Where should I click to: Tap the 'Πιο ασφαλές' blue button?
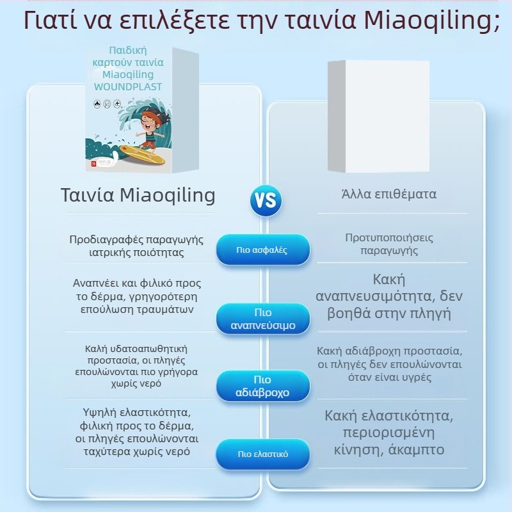[262, 250]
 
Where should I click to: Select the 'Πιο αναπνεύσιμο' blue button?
[262, 319]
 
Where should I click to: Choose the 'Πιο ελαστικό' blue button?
[262, 454]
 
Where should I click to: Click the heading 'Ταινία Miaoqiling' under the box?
[138, 195]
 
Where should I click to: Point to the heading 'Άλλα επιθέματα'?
[388, 194]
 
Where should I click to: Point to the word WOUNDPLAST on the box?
[128, 86]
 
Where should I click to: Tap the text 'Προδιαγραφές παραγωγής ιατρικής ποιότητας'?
[136, 246]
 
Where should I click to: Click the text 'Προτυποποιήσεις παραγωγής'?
[388, 244]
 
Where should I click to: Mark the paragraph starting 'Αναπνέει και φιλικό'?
[136, 296]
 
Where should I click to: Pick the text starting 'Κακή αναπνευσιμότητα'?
[388, 297]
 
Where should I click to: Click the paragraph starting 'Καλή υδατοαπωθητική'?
[136, 366]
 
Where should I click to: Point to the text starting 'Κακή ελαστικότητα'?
[388, 433]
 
